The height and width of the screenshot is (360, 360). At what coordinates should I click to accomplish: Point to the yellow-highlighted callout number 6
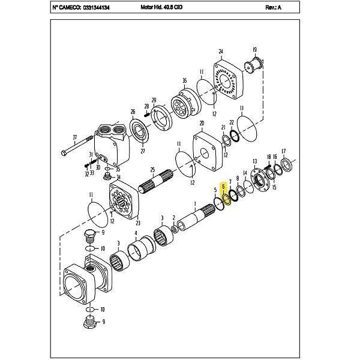pyautogui.click(x=223, y=187)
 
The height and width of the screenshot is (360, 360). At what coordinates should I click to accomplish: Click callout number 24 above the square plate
pyautogui.click(x=221, y=52)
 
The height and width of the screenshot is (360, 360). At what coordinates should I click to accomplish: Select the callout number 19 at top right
pyautogui.click(x=254, y=50)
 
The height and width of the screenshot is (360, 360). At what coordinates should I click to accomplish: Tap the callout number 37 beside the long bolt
pyautogui.click(x=75, y=138)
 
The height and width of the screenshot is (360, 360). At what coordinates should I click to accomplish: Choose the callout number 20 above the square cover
pyautogui.click(x=202, y=123)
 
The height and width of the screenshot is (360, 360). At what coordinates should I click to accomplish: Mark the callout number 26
pyautogui.click(x=133, y=112)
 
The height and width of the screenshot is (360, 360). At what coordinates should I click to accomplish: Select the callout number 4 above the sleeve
pyautogui.click(x=136, y=233)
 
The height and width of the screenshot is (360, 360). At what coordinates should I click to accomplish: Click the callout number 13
pyautogui.click(x=255, y=161)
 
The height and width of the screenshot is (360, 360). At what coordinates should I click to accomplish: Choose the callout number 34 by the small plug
pyautogui.click(x=118, y=177)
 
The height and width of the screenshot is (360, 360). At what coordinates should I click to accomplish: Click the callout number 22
pyautogui.click(x=232, y=122)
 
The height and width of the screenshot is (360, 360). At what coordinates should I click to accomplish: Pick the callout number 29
pyautogui.click(x=154, y=100)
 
